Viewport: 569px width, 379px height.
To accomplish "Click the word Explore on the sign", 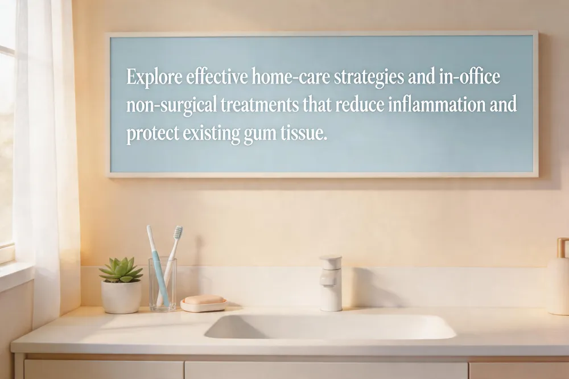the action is pyautogui.click(x=154, y=77).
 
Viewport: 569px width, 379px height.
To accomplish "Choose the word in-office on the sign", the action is pyautogui.click(x=469, y=77).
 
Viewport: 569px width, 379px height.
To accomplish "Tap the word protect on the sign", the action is pyautogui.click(x=152, y=134).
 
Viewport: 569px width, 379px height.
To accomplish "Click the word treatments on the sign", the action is pyautogui.click(x=259, y=105).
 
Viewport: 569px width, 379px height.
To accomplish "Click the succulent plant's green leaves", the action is pyautogui.click(x=121, y=270).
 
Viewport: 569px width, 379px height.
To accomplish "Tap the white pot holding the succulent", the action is pyautogui.click(x=121, y=296).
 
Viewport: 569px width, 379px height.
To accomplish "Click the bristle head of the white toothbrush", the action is pyautogui.click(x=178, y=232).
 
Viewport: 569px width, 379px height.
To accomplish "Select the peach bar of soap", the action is pyautogui.click(x=204, y=300).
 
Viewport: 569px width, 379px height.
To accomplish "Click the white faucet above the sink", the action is pyautogui.click(x=331, y=283).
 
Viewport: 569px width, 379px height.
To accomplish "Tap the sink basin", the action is pyautogui.click(x=330, y=327).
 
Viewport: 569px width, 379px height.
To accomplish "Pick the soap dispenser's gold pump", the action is pyautogui.click(x=562, y=247).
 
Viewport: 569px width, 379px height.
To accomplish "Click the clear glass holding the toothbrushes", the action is pyautogui.click(x=163, y=285).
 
